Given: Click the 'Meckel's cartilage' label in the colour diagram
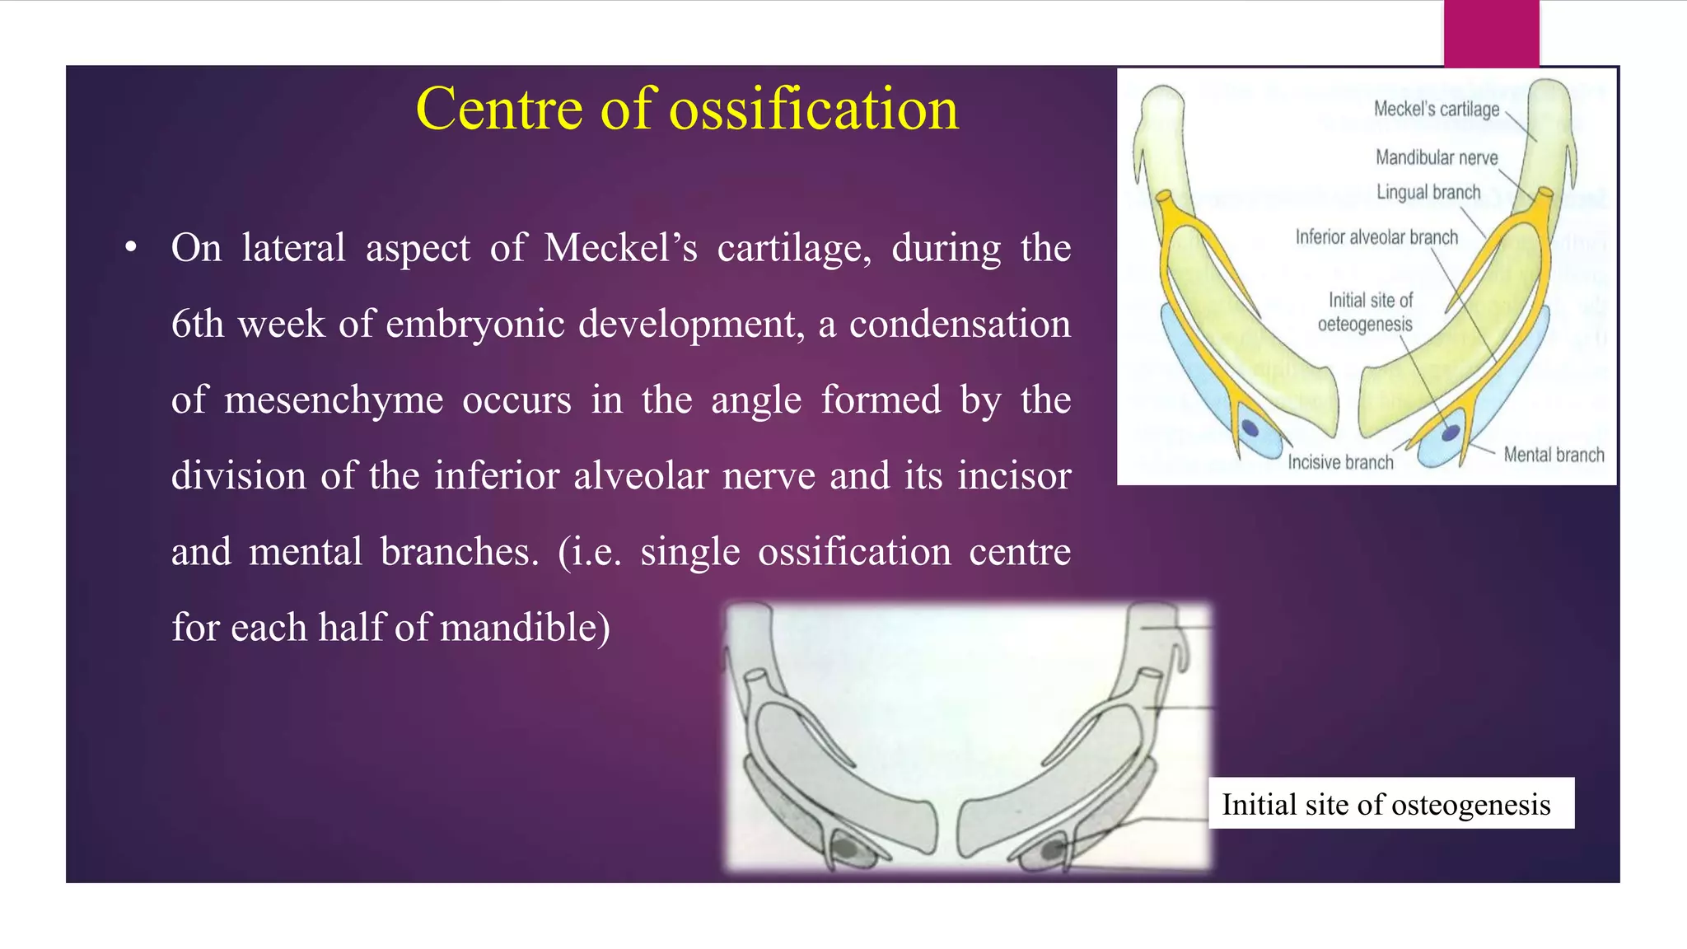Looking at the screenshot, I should (1436, 109).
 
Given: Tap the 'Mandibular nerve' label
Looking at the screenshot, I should (1436, 157).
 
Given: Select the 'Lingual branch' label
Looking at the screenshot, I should (1428, 192).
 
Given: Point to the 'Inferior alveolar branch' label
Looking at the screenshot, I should (1376, 237).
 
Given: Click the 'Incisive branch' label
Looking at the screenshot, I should (1340, 462).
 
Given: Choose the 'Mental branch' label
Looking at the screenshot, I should (1554, 455).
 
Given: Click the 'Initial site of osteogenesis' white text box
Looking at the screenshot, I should (1390, 803).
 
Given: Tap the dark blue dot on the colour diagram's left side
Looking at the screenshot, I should (1250, 428).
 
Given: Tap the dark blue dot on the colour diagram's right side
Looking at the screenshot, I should (1451, 432).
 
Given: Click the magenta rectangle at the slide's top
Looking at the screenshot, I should (1491, 33).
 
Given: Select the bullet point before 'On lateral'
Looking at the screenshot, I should (130, 248).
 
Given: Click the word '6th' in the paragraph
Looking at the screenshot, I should (198, 324).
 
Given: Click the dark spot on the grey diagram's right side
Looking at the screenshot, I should (1052, 849).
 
